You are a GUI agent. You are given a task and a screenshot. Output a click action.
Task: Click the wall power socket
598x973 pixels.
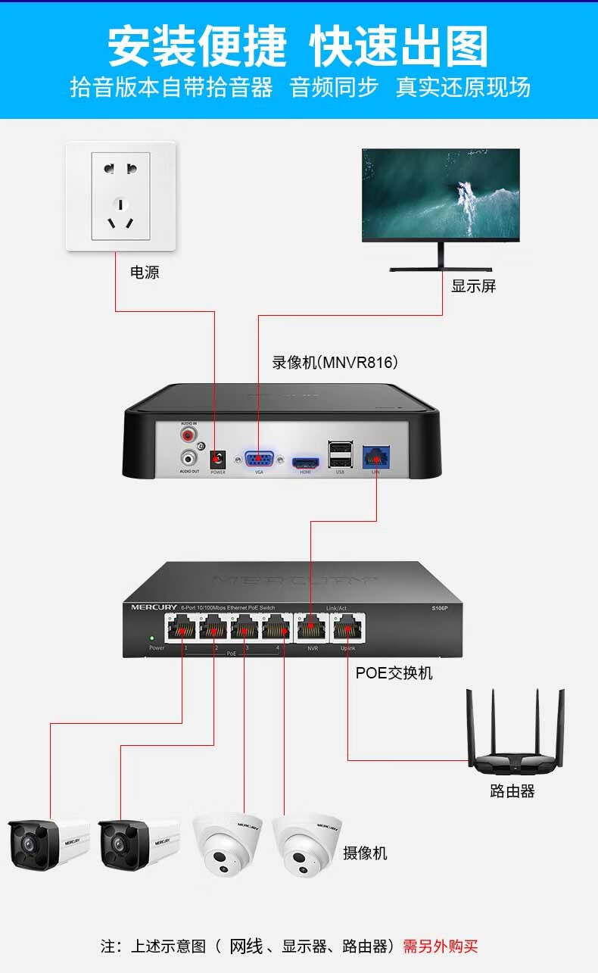pyautogui.click(x=120, y=197)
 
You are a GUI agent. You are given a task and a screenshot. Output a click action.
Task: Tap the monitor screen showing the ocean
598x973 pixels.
pyautogui.click(x=441, y=195)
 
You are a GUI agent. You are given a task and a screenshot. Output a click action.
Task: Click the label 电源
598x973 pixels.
pyautogui.click(x=145, y=273)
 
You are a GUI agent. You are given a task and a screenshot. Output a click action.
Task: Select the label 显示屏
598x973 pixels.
pyautogui.click(x=473, y=286)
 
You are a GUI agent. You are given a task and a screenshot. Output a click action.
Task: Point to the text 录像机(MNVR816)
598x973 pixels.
pyautogui.click(x=335, y=363)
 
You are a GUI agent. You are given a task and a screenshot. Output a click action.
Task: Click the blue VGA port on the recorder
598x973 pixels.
pyautogui.click(x=259, y=460)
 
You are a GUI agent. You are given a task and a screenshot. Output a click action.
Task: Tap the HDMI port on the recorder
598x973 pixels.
pyautogui.click(x=306, y=462)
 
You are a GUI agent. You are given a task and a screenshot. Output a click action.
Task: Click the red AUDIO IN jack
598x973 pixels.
pyautogui.click(x=188, y=435)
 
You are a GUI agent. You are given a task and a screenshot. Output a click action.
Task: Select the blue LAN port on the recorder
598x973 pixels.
pyautogui.click(x=375, y=457)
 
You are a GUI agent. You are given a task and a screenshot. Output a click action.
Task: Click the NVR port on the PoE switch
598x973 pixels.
pyautogui.click(x=310, y=628)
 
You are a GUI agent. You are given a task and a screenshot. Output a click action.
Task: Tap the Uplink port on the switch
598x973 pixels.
pyautogui.click(x=347, y=628)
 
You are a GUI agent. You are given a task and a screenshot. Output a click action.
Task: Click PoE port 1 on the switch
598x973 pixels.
pyautogui.click(x=182, y=628)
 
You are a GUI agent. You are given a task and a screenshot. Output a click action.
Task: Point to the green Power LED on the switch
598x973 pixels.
pyautogui.click(x=152, y=638)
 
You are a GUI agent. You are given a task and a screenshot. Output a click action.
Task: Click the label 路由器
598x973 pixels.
pyautogui.click(x=512, y=791)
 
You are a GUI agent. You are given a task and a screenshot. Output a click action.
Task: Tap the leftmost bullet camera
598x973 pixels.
pyautogui.click(x=48, y=842)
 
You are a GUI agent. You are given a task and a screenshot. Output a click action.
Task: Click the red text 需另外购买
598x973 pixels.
pyautogui.click(x=440, y=946)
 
